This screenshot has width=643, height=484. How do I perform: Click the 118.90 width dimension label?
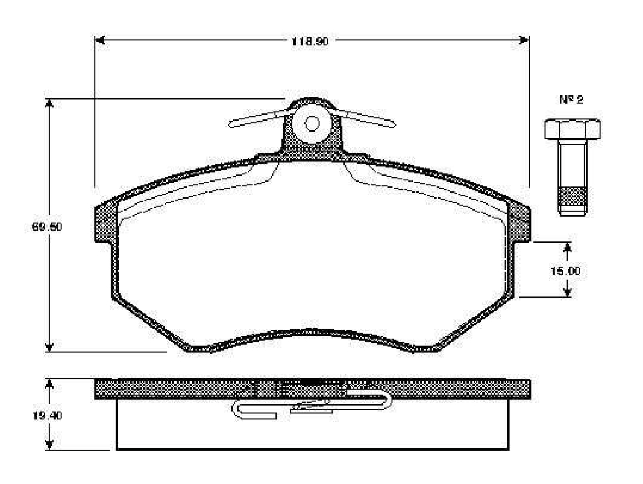click(x=310, y=41)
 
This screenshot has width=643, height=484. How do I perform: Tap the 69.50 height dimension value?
click(x=47, y=226)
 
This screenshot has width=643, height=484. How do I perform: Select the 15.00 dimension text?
click(x=565, y=271)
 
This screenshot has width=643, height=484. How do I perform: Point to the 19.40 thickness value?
click(x=47, y=416)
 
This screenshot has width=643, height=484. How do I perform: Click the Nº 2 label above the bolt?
click(x=571, y=100)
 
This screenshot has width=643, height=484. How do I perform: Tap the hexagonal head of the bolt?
click(x=572, y=129)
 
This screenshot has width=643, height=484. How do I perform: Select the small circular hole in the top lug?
click(x=312, y=123)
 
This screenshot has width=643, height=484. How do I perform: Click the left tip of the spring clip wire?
click(x=230, y=123)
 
